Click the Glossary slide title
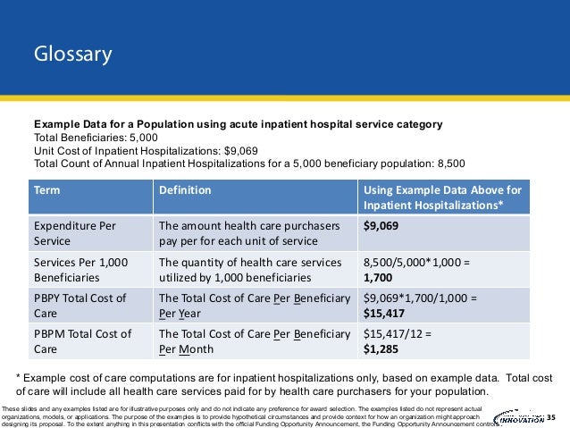coord(73,55)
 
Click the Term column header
coord(48,190)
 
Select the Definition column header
coord(185,190)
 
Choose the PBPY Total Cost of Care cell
coord(80,306)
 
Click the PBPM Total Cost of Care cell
coord(81,341)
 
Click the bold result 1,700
coord(380,278)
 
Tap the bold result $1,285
coord(383,349)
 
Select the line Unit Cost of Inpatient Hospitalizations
coord(133,151)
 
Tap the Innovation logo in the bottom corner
coord(518,416)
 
